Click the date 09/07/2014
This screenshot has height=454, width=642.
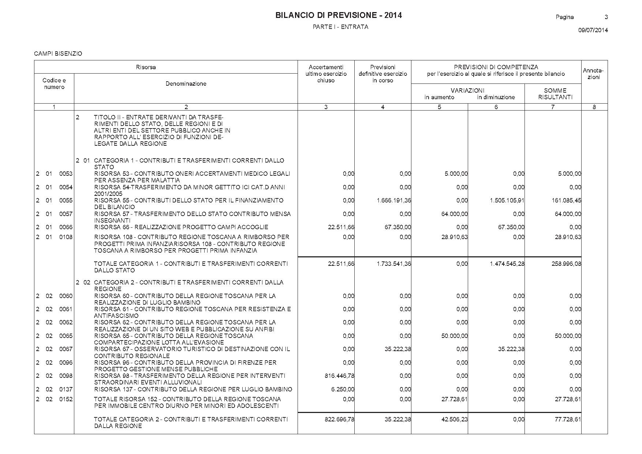click(593, 30)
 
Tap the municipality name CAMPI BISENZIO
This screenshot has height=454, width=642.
click(58, 54)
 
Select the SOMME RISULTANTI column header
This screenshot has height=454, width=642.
click(555, 94)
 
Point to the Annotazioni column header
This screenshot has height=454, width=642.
click(593, 74)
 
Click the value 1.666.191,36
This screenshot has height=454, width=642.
click(394, 200)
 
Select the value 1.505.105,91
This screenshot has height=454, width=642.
click(507, 200)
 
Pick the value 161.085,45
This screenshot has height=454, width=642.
click(566, 200)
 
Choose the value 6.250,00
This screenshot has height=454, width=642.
click(343, 389)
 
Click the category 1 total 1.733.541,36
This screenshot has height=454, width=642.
click(394, 264)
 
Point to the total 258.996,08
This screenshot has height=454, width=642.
click(566, 264)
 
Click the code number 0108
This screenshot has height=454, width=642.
click(66, 237)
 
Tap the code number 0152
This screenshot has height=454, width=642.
click(66, 399)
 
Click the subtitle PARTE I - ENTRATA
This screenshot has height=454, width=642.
click(340, 27)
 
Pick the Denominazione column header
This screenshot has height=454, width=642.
click(186, 84)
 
